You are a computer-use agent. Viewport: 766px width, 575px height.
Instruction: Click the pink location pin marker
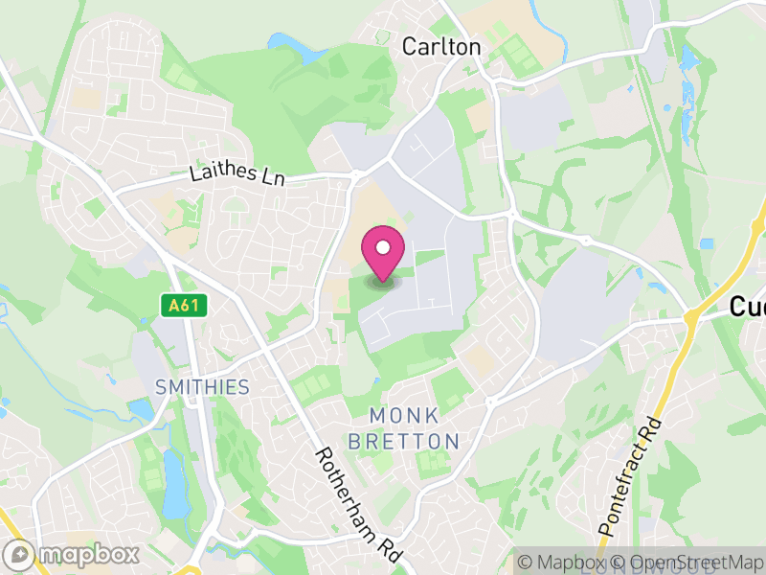383,254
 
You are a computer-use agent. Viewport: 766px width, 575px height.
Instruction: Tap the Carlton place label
441,46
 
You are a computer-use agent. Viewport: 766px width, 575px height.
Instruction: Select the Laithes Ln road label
237,174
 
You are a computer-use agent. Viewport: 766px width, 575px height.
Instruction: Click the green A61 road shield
182,305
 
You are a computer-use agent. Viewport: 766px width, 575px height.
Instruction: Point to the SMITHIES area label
202,387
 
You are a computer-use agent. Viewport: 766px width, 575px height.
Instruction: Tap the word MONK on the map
404,416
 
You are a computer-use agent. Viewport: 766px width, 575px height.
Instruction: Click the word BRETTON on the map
404,442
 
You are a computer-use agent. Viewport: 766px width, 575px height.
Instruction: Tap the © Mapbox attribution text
569,563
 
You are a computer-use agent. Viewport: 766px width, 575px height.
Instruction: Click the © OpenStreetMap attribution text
689,563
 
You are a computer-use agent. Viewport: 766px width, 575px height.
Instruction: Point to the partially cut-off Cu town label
747,307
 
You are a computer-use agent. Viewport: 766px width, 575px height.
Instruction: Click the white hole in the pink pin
383,248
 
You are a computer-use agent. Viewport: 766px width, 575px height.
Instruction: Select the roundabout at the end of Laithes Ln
355,175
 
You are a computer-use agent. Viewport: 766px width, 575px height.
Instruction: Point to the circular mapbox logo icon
22,554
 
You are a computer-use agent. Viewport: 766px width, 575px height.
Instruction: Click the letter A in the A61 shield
172,305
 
